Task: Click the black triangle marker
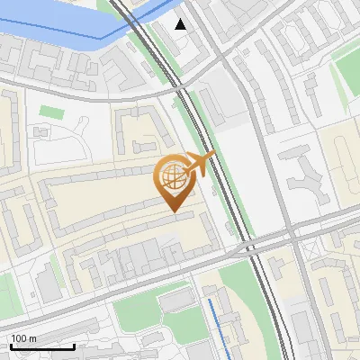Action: [x=181, y=23]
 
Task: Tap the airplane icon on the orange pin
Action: [x=199, y=165]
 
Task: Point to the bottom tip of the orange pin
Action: [x=173, y=211]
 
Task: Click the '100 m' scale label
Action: [x=23, y=338]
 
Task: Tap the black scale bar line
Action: [x=41, y=346]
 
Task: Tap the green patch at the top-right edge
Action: [x=346, y=54]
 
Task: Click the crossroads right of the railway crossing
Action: [x=293, y=236]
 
